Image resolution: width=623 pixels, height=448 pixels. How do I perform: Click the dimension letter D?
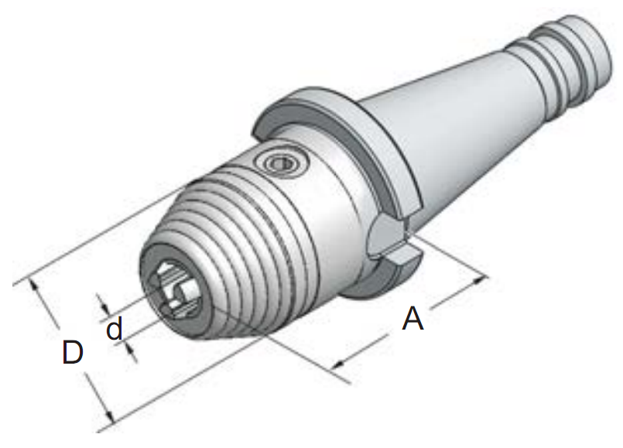click(73, 352)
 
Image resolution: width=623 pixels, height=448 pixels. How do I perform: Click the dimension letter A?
click(412, 319)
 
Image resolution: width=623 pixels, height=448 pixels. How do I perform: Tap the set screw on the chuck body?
click(283, 163)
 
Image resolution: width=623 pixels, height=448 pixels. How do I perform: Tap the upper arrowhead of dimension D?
click(35, 286)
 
